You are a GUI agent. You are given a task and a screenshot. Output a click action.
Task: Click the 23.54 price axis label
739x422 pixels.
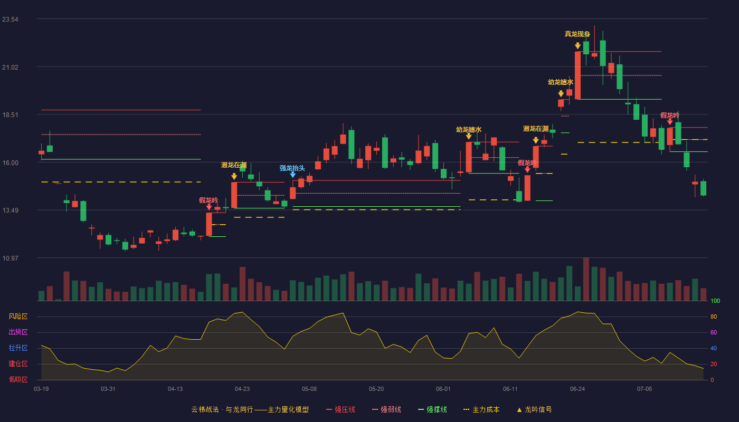[x=10, y=20]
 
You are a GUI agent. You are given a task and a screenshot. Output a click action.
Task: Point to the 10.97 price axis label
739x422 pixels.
[x=10, y=258]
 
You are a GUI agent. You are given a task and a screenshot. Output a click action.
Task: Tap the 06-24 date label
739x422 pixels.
[x=577, y=389]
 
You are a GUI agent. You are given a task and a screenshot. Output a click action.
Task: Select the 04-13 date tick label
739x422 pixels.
[x=175, y=389]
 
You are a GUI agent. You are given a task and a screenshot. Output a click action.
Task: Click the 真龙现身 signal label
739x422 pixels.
[x=577, y=34]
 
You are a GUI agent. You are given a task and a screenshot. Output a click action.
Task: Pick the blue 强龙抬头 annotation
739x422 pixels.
[x=292, y=168]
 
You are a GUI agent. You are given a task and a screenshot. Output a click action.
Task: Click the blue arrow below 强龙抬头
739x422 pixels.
[x=292, y=175]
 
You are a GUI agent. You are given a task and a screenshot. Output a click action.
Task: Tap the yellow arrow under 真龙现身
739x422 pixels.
[x=577, y=45]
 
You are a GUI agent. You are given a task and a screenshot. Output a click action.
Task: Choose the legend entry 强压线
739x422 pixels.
[x=340, y=409]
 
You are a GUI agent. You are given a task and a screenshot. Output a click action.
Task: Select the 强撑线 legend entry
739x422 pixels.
[x=432, y=409]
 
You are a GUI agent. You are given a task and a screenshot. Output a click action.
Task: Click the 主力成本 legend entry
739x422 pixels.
[x=481, y=409]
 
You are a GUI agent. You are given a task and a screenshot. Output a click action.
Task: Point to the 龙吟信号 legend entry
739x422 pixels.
[x=534, y=409]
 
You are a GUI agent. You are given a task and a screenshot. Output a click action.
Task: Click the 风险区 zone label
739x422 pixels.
[x=18, y=316]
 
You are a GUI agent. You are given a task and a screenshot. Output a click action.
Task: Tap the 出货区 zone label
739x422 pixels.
[x=18, y=332]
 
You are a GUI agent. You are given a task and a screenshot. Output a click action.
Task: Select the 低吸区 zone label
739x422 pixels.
[x=18, y=379]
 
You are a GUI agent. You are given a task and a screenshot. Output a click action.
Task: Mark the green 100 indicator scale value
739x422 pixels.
[x=715, y=301]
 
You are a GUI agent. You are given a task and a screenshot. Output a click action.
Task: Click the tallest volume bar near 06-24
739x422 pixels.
[x=586, y=279]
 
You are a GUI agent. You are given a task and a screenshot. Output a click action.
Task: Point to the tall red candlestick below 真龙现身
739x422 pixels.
[x=577, y=75]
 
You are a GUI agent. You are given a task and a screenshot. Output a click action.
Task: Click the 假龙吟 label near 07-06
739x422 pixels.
[x=670, y=116]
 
